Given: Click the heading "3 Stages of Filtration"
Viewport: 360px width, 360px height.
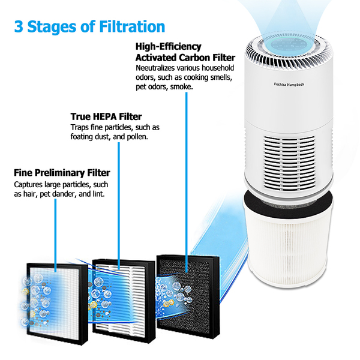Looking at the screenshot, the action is point(89,26).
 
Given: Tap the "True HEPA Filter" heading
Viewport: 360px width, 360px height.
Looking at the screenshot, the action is point(106,116).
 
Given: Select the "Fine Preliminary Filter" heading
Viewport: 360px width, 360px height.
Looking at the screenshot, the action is point(62,173).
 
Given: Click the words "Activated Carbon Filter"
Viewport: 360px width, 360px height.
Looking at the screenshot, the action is point(185,58).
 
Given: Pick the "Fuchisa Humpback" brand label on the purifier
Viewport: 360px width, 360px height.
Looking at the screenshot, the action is point(289,84).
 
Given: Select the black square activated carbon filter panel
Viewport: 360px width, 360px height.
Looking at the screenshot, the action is point(188,295).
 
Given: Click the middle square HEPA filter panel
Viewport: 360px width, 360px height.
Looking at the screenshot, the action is point(124,301).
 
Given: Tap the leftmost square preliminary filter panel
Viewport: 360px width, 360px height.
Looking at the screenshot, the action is point(57,304).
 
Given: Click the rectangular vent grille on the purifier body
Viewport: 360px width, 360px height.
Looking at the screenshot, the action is point(289,163).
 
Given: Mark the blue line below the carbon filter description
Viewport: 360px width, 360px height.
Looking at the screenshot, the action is point(187,182).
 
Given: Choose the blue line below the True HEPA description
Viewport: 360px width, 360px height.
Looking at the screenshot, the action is point(119,206).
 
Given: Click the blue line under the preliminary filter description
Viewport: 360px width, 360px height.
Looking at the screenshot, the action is point(55,235).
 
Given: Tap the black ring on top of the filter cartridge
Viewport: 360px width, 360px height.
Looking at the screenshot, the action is point(289,201).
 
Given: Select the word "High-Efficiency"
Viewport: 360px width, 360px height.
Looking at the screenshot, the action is point(168,46).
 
